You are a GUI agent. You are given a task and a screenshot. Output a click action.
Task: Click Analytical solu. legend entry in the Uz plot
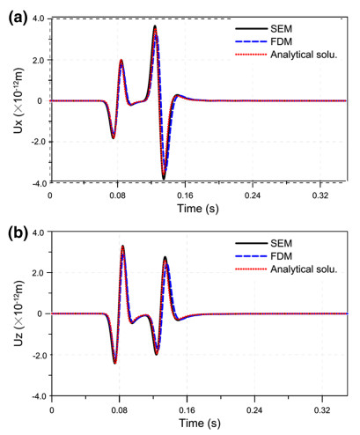(x=294, y=269)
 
